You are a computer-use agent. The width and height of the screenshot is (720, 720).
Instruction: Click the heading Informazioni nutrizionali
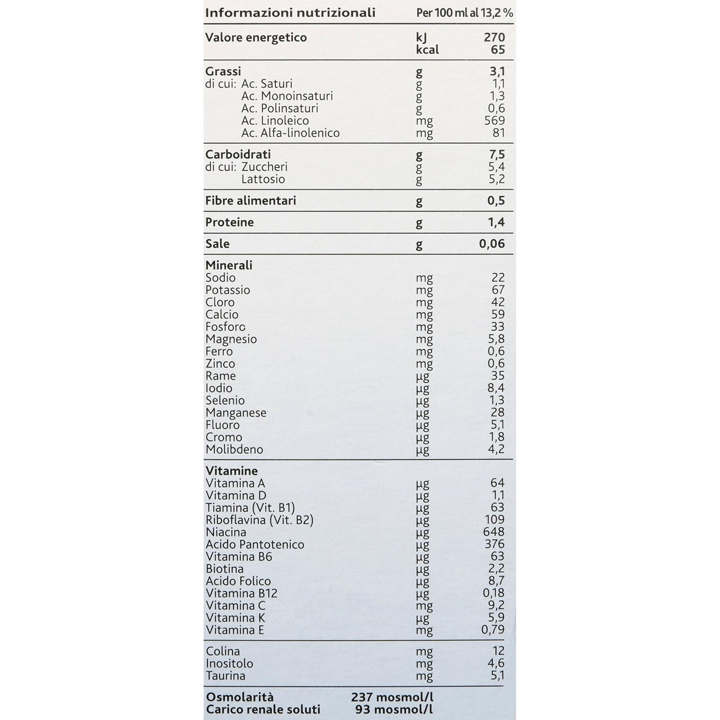[290, 13]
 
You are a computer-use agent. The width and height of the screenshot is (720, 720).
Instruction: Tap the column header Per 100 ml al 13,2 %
[464, 13]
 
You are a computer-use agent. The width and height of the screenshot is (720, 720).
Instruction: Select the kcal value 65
[498, 49]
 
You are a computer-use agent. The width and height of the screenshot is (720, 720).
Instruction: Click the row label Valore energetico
[256, 38]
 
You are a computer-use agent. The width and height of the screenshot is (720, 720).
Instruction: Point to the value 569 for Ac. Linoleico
[494, 120]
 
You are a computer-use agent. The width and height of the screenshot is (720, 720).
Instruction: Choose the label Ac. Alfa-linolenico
[290, 133]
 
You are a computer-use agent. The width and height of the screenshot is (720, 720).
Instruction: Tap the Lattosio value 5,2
[496, 179]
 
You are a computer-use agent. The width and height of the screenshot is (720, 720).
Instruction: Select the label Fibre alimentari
[250, 201]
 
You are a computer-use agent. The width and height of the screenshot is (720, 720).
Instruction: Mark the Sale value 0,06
[492, 244]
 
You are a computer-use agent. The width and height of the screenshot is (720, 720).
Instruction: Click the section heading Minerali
[229, 265]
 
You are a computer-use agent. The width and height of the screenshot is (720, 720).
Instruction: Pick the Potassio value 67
[498, 290]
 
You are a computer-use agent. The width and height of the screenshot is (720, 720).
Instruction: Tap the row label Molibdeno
[234, 449]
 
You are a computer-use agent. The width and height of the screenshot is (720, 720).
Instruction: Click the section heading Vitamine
[231, 471]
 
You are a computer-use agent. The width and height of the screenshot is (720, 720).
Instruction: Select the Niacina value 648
[494, 532]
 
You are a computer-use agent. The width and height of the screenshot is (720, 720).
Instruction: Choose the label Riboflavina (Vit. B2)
[259, 519]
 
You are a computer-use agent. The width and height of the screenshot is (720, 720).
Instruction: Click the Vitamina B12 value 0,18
[493, 593]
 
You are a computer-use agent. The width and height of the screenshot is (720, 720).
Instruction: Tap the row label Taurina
[226, 676]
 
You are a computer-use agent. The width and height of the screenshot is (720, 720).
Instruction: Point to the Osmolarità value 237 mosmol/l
[392, 697]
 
